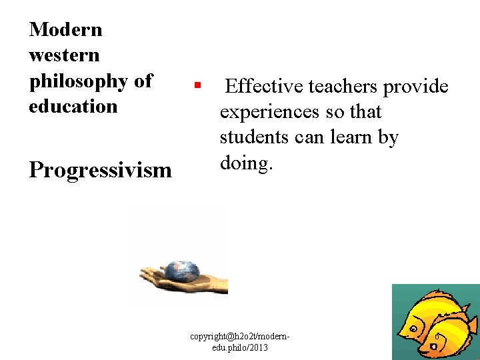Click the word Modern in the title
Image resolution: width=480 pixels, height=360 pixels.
click(65, 29)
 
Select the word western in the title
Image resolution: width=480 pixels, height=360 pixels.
click(64, 55)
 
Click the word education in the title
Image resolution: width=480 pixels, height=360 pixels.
click(73, 106)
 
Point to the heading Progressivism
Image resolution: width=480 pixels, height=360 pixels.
click(100, 170)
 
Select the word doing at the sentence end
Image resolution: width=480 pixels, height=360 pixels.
click(243, 163)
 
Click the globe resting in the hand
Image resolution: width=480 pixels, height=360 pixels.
click(181, 269)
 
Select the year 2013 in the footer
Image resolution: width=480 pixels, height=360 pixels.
click(259, 348)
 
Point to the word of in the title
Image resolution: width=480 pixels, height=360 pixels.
click(143, 81)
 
